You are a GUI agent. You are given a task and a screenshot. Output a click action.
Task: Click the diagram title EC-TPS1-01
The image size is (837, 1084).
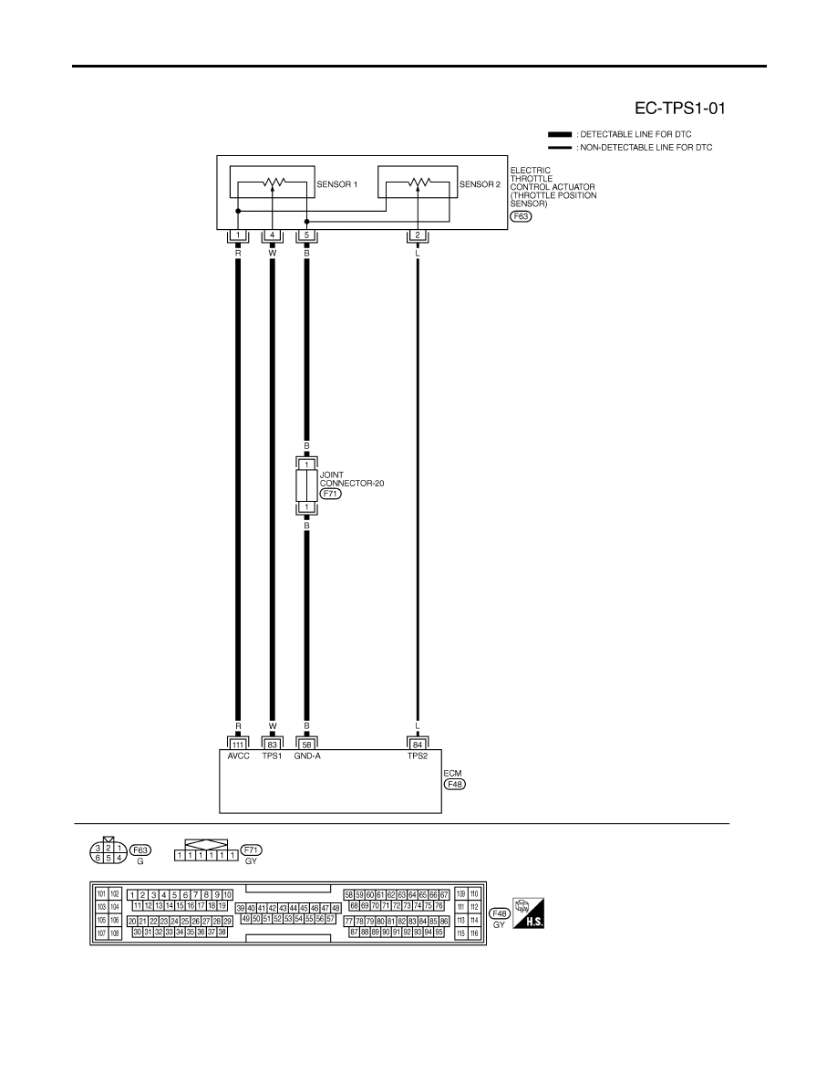tap(679, 109)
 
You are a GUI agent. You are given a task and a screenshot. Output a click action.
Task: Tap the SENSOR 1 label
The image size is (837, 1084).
tap(337, 184)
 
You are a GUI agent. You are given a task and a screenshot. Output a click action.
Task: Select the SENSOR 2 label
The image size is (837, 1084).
tap(480, 184)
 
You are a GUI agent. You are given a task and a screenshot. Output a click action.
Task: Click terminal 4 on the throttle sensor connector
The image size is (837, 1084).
tap(272, 235)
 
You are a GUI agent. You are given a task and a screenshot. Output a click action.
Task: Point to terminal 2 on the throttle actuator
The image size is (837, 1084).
tap(417, 235)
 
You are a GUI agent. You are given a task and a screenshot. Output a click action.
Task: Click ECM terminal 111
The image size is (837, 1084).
tap(238, 745)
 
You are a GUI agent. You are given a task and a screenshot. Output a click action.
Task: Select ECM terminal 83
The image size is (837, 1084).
tap(272, 745)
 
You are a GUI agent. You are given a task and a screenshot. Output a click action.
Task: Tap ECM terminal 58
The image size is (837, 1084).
tap(306, 745)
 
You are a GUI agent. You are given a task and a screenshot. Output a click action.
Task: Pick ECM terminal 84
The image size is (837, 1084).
tap(417, 745)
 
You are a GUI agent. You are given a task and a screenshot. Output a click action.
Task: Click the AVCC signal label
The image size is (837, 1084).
tap(238, 756)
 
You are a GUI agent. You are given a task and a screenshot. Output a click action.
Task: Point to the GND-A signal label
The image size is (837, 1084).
tap(307, 756)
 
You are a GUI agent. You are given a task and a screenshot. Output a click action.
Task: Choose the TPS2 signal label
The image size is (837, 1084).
tap(417, 756)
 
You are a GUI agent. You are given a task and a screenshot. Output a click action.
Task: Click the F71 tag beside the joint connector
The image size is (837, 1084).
tap(331, 494)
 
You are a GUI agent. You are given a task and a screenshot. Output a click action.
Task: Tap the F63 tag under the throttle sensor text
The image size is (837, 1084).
tap(521, 216)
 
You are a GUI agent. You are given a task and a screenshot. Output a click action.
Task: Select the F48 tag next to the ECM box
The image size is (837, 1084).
tap(455, 785)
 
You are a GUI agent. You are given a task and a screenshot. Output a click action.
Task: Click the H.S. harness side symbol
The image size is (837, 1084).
tap(528, 913)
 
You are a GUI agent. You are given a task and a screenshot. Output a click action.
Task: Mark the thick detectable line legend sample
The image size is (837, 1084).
tap(560, 134)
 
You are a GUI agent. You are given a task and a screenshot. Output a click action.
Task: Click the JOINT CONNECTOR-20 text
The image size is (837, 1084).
tap(352, 479)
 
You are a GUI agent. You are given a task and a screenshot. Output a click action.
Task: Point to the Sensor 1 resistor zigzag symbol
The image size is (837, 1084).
tap(274, 182)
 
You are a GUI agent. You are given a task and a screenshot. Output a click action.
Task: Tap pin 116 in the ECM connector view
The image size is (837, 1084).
tap(474, 933)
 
